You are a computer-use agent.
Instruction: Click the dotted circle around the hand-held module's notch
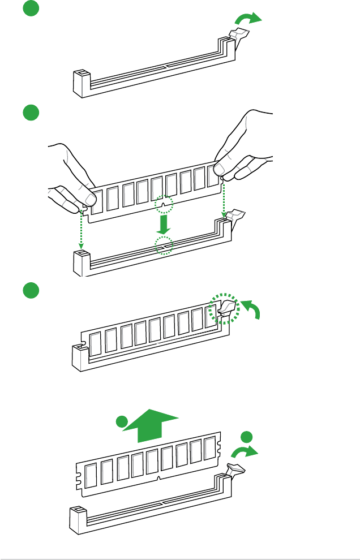(x=165, y=204)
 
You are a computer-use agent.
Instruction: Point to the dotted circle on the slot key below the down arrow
(x=164, y=245)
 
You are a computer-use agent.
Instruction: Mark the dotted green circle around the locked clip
(x=224, y=308)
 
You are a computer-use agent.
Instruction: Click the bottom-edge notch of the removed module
(x=160, y=478)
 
